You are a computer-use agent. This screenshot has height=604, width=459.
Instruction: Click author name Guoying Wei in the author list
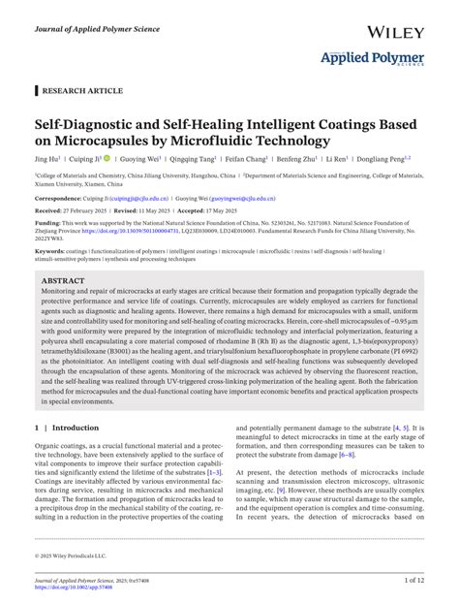tap(142, 161)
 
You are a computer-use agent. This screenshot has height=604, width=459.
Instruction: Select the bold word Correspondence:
tap(60, 197)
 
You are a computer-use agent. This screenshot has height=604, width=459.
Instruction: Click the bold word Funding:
tap(50, 222)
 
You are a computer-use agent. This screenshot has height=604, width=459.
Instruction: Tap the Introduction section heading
tap(76, 427)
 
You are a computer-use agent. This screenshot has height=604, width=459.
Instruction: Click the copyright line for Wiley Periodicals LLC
tap(75, 556)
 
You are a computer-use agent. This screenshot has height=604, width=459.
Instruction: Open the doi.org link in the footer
tap(81, 588)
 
